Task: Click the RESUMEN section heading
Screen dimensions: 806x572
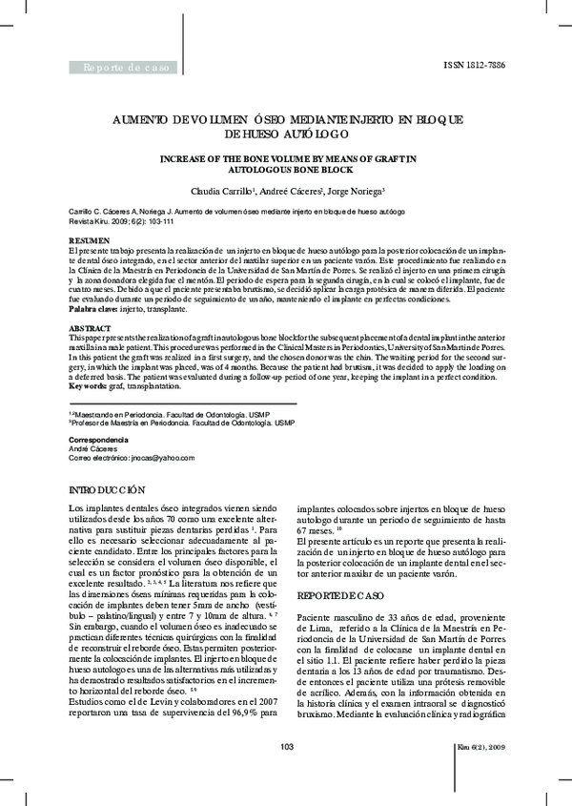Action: (x=90, y=238)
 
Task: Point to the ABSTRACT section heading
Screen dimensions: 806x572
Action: (x=91, y=327)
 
